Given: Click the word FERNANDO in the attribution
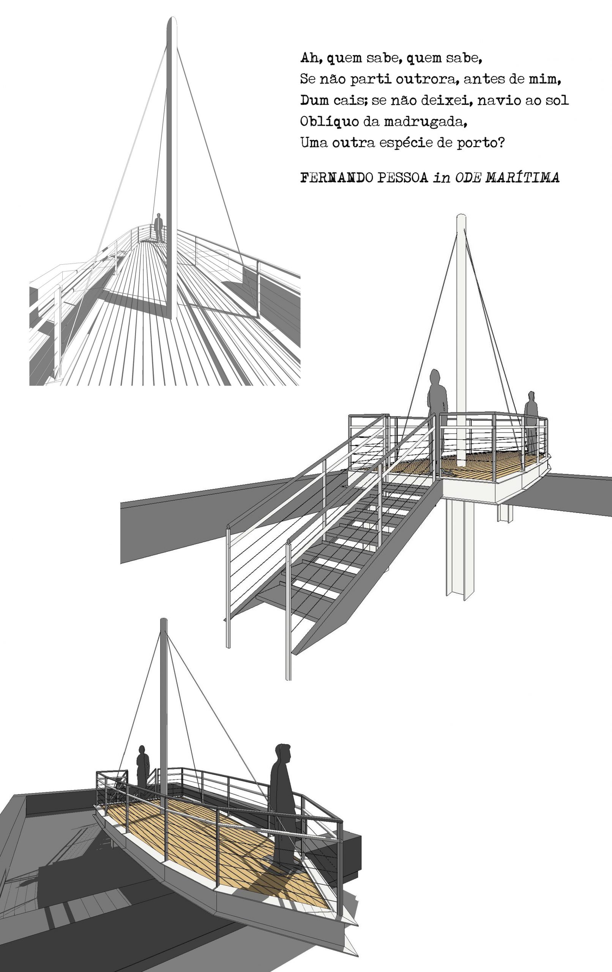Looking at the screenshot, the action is tap(337, 178).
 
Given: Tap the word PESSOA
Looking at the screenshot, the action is tap(402, 178).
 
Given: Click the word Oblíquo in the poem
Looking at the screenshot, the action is tap(330, 121).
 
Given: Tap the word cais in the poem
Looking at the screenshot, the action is tap(351, 100).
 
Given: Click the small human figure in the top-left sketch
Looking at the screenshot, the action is tap(159, 228).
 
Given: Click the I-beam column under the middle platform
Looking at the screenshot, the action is tap(460, 551).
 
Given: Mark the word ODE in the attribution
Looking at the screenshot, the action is tap(469, 177).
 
